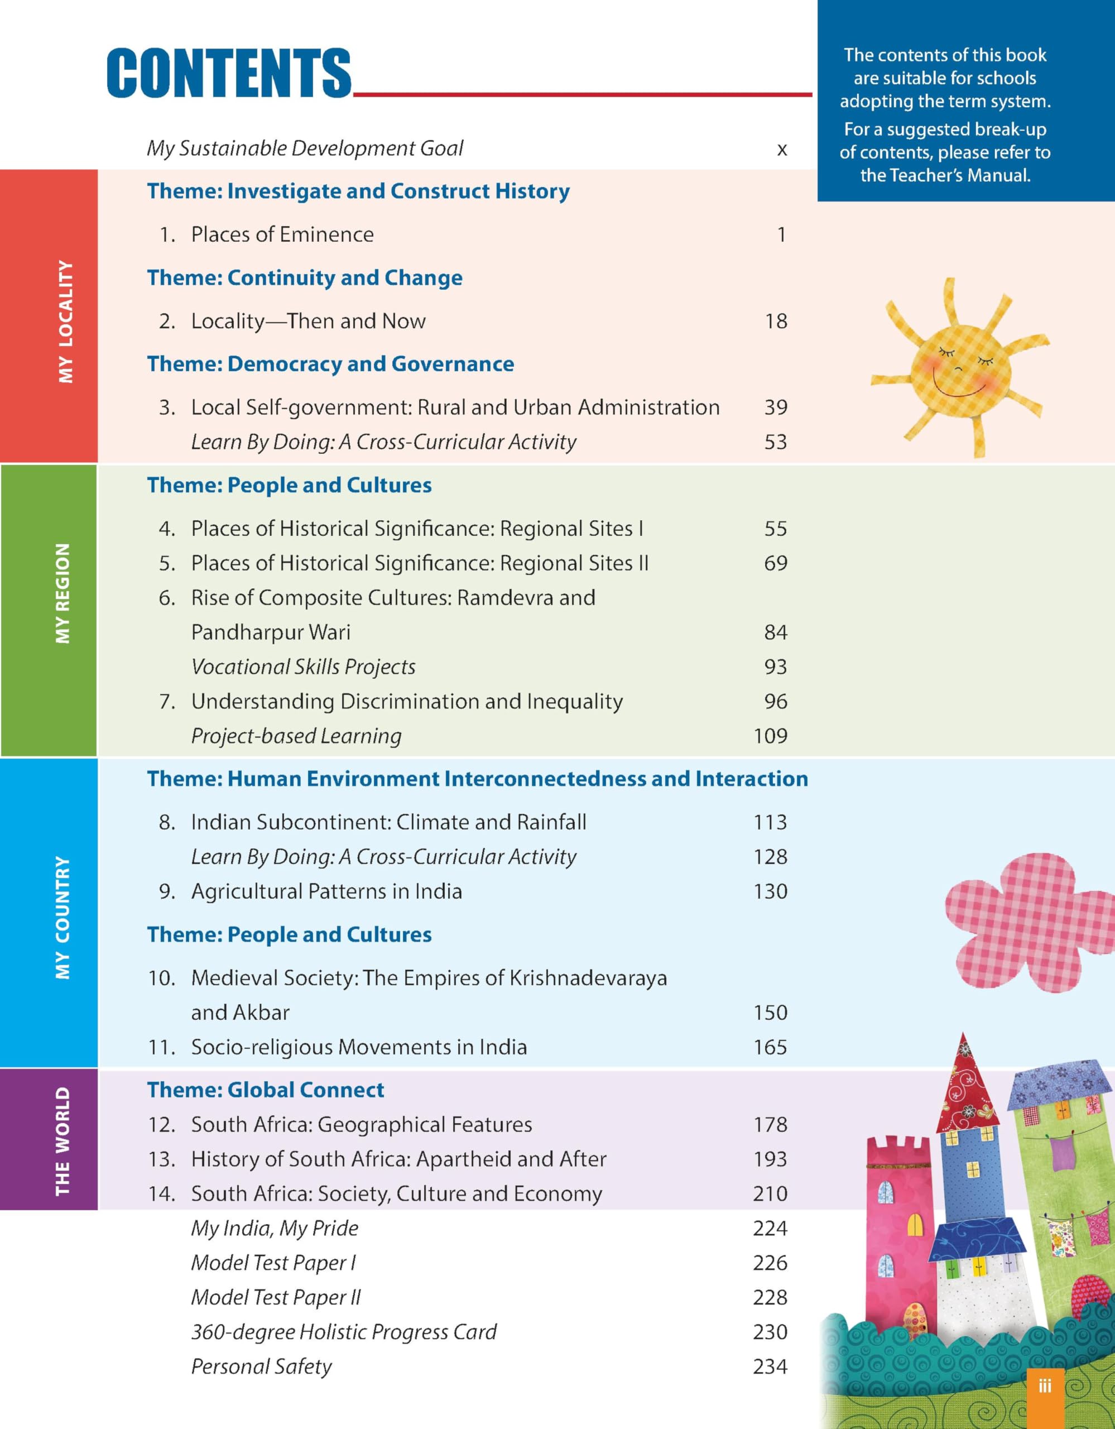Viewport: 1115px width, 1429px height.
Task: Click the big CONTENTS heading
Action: click(229, 73)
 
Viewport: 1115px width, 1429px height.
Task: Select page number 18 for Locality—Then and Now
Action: click(776, 322)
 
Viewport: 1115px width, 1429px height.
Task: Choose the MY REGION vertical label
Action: click(63, 593)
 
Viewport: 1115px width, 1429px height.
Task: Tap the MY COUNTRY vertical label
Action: click(63, 918)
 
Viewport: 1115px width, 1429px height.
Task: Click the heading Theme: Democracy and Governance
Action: click(330, 364)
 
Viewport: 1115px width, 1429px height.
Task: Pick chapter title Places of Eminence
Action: click(282, 234)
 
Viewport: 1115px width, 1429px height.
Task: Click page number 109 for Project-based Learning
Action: click(770, 736)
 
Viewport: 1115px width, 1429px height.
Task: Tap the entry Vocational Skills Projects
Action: click(303, 666)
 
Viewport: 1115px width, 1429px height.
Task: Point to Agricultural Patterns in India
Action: click(326, 891)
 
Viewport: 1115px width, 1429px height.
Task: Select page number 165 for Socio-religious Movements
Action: click(770, 1047)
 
